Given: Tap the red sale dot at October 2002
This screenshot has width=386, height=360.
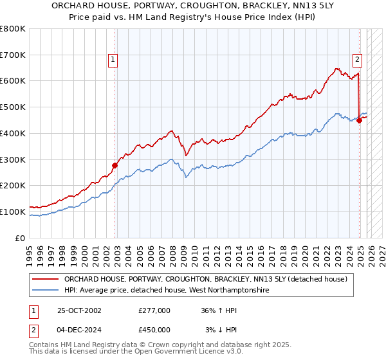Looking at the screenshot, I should coord(115,165).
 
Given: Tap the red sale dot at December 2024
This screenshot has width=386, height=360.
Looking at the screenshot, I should coord(359,120).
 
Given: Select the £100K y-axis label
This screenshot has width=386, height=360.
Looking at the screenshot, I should coord(13,212).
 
